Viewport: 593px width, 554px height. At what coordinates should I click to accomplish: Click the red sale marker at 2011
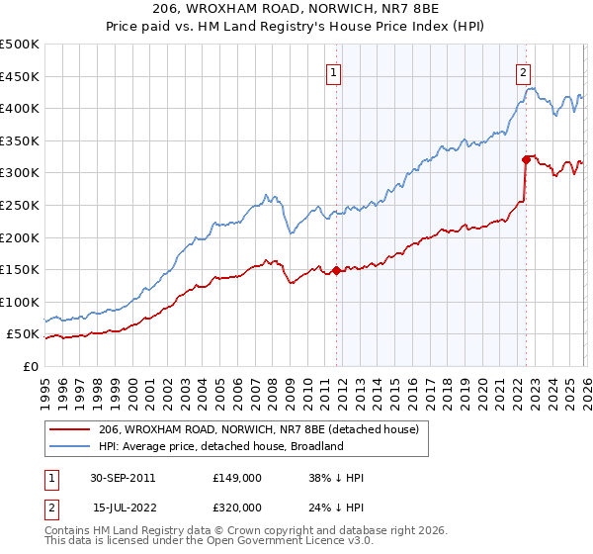[x=336, y=270]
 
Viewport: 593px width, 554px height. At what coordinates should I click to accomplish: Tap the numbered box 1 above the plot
[x=334, y=71]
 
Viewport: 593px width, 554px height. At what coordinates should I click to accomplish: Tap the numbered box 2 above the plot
[x=523, y=71]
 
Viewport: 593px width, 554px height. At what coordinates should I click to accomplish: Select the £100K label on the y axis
[x=20, y=302]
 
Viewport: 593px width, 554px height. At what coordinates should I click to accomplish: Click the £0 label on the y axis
[x=32, y=366]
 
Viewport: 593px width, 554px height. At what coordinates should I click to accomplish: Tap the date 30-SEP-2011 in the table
[x=123, y=477]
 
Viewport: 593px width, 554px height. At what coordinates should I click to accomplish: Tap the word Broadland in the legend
[x=315, y=446]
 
